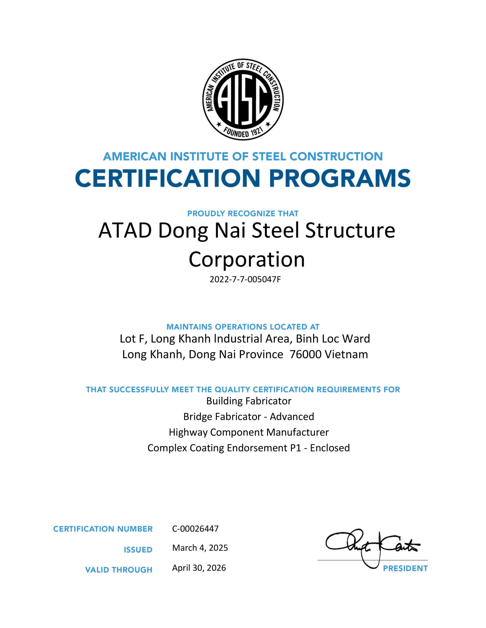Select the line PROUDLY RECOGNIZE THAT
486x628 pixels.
243,214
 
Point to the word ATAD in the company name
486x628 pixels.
125,231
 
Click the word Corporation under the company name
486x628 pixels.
247,259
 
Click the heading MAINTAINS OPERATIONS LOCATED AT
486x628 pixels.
243,327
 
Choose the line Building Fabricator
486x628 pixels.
249,401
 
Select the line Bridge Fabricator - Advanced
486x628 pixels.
249,416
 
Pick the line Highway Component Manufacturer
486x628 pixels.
249,432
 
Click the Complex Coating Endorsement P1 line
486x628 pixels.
249,448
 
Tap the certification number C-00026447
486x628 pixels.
195,528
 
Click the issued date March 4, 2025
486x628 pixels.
200,548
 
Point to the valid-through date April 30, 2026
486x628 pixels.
199,568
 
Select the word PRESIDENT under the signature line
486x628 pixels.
405,568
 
